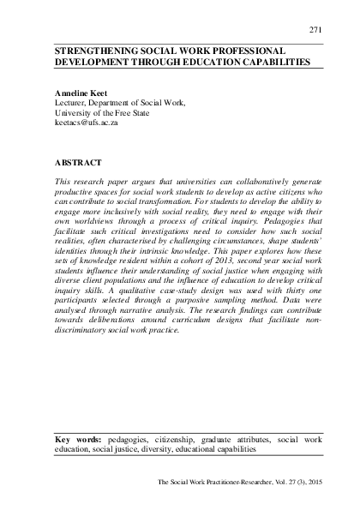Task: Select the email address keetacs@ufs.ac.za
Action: (87, 123)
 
